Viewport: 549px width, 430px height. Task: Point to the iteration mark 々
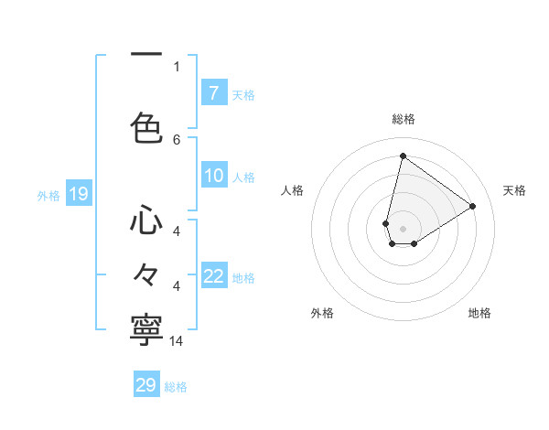point(146,274)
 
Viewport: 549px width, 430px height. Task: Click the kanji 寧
point(146,330)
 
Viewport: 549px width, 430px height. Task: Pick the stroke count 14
point(178,341)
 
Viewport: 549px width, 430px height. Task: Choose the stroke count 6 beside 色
point(177,139)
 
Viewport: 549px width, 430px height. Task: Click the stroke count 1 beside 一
point(177,66)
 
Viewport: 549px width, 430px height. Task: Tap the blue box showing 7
point(213,93)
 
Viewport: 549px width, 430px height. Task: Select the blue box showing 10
point(213,176)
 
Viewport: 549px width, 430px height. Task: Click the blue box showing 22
point(213,277)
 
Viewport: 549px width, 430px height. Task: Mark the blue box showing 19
point(78,194)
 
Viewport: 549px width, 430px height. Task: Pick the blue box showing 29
point(146,385)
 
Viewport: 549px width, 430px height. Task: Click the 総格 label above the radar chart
point(404,119)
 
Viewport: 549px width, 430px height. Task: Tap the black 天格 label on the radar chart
point(514,190)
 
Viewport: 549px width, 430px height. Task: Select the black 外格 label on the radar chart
point(322,313)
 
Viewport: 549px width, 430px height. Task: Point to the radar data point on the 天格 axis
point(473,206)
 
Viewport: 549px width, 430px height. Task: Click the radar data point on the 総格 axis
point(403,156)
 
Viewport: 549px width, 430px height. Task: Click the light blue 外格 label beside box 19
point(48,195)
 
